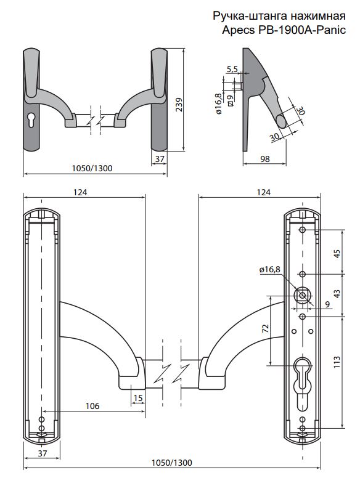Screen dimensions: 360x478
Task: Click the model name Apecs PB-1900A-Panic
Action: [284, 30]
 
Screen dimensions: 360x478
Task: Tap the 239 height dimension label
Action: [179, 105]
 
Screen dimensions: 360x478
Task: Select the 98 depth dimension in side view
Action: [266, 159]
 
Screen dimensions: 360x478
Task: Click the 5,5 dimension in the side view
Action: [232, 69]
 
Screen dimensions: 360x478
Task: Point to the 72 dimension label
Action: [266, 328]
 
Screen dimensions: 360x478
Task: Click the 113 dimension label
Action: [337, 362]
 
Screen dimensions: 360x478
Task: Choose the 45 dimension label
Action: [337, 254]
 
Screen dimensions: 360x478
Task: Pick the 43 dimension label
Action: [337, 294]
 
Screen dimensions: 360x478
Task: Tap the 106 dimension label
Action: [92, 406]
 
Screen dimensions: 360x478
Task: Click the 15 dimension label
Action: [138, 398]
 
